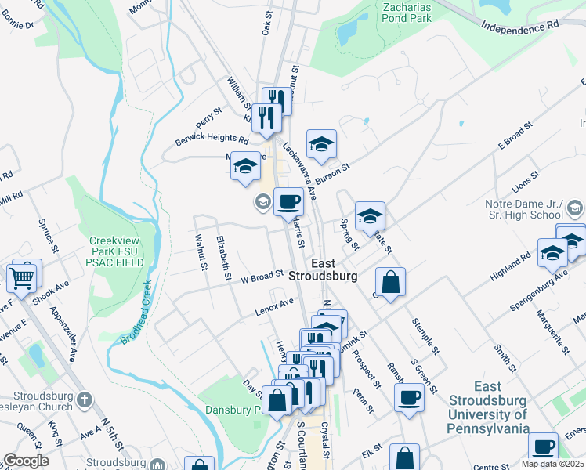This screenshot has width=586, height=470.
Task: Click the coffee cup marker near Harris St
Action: click(288, 203)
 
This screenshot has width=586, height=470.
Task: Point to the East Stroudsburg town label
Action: click(324, 269)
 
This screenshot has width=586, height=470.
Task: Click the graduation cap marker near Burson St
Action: click(321, 146)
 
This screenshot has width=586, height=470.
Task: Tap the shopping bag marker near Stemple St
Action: click(390, 284)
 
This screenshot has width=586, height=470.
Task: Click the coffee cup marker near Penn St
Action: click(409, 398)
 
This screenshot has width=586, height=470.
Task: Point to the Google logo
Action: click(26, 461)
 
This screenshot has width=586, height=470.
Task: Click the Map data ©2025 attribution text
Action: click(548, 464)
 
